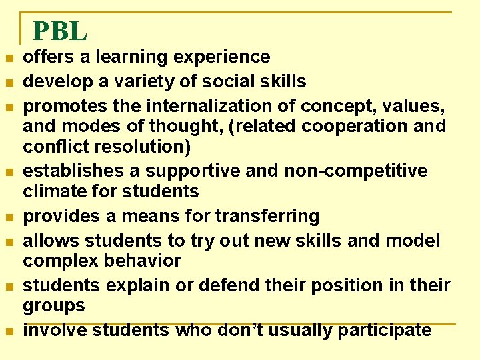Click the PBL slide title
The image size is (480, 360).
(59, 31)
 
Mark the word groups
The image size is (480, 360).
(54, 306)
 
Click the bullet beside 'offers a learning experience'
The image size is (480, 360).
(8, 59)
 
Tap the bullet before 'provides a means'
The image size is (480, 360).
(8, 218)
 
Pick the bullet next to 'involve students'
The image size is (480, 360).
(8, 331)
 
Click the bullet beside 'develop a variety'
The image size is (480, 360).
(8, 83)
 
